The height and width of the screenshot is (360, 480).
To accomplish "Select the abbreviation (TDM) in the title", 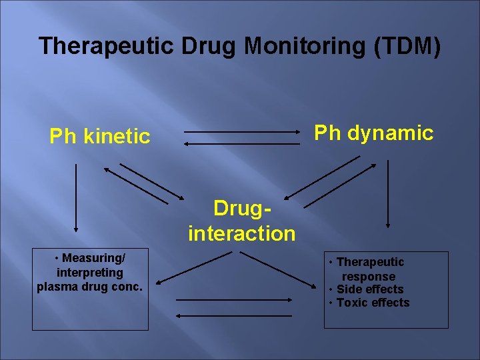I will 407,46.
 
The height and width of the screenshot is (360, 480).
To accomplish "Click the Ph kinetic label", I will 100,137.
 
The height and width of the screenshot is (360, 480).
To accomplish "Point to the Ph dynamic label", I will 373,133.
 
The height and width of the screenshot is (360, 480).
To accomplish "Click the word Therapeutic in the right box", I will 370,262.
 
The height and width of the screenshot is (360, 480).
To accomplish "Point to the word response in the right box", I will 369,276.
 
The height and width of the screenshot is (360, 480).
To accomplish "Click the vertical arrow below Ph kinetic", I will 76,197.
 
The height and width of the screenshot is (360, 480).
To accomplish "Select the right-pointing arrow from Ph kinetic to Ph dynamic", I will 242,132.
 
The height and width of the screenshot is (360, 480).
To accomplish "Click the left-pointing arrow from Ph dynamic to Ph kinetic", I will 242,143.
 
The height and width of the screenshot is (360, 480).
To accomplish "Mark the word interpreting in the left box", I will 90,272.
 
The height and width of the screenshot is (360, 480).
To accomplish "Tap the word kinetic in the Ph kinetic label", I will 117,137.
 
